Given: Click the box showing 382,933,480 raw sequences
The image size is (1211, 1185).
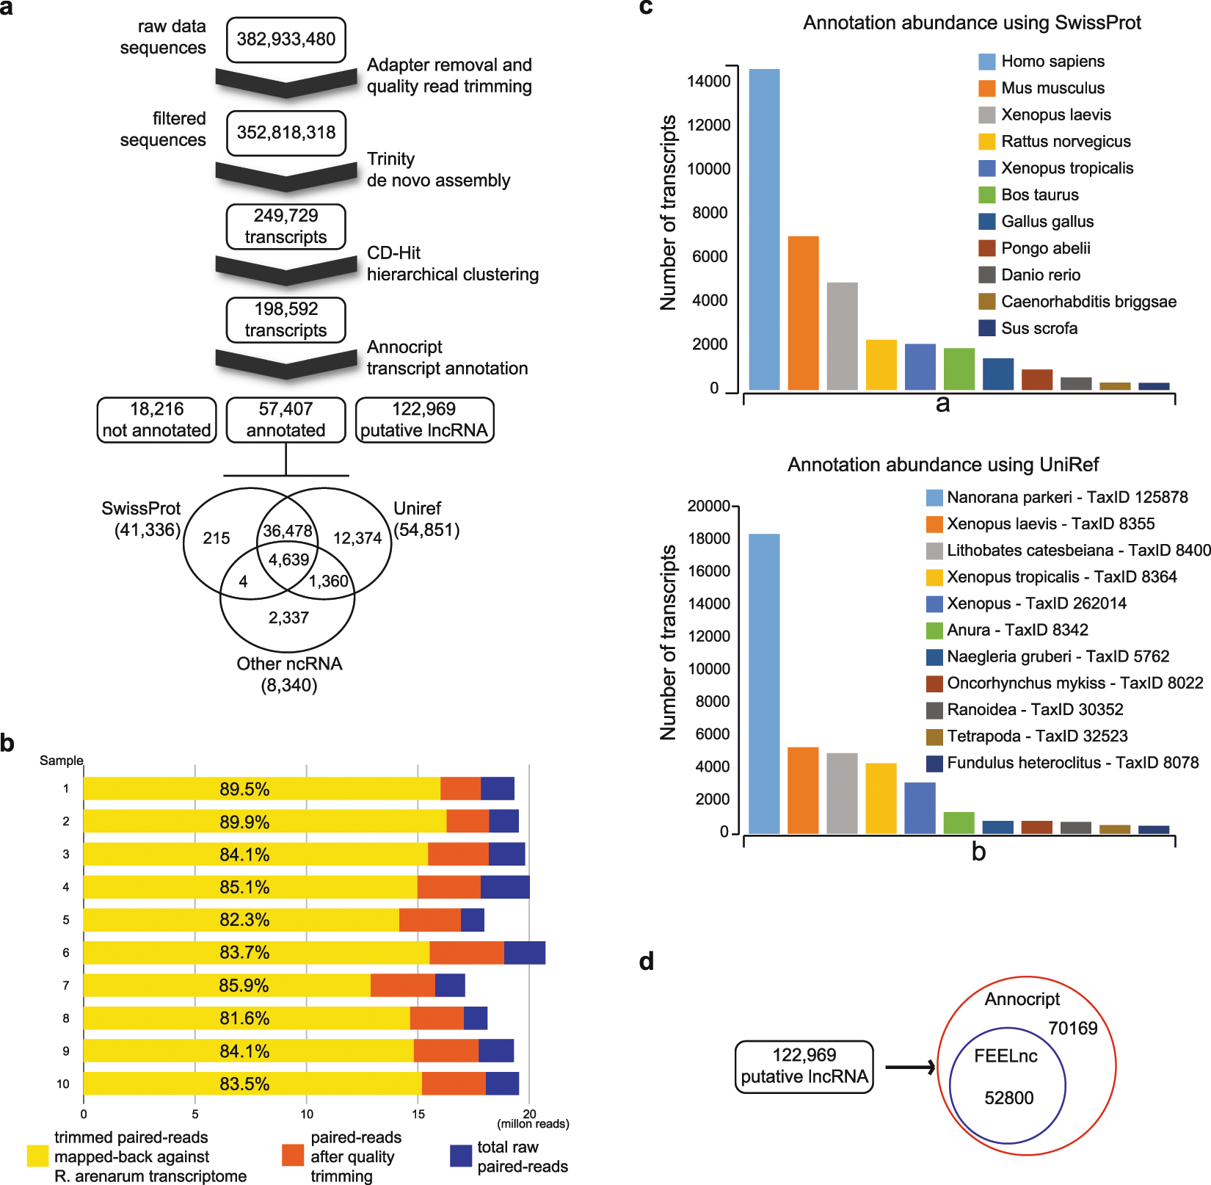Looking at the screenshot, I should point(286,40).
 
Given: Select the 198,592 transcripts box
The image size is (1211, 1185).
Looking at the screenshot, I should point(286,319).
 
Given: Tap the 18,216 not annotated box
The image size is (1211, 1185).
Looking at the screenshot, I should point(156,420).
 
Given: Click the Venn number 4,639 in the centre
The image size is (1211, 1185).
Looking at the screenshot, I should point(288,560).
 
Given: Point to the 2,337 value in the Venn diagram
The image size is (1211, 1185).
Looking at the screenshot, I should point(288,618).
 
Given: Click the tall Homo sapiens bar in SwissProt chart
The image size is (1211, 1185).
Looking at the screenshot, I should point(764,229).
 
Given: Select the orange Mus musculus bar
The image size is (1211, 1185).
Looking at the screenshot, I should point(803,313).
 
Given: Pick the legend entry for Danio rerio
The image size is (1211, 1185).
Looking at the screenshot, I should point(1040,275).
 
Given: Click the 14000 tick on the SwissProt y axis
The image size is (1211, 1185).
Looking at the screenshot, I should point(708,81).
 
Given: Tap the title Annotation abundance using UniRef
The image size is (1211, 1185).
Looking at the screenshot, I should point(943,465).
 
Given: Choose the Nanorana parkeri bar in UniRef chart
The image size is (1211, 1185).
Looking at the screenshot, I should point(764,683).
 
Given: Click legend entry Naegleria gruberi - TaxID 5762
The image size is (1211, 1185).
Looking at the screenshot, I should point(1058,656).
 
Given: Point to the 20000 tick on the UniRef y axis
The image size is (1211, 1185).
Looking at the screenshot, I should point(708,506).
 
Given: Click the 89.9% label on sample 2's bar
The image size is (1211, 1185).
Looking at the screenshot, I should point(244,822).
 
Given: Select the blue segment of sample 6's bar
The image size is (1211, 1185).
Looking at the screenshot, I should point(524,952).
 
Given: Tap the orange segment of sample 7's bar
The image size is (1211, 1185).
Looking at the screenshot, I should point(402,985).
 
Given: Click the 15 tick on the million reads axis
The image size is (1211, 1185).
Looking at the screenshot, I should point(418,1115).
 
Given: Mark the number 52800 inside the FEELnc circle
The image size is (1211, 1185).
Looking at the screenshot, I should point(1008,1098).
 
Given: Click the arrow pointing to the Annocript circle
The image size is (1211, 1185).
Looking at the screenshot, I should point(910,1068).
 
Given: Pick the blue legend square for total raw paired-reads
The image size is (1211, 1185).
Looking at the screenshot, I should point(461,1156).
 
